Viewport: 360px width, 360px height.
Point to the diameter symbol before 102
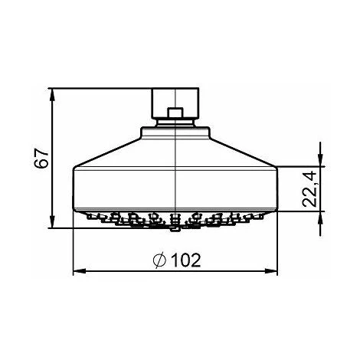tap(159, 260)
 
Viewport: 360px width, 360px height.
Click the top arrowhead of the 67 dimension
tap(53, 93)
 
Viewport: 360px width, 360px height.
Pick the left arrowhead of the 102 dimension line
tap(78, 270)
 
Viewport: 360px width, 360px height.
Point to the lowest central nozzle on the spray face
tap(176, 227)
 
